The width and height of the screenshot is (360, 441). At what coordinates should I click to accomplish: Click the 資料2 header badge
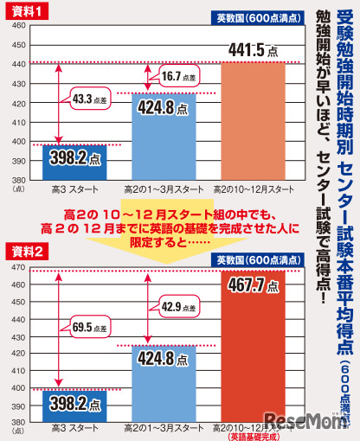coord(26,227)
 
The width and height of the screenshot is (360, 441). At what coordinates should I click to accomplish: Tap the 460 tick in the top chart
coord(15,26)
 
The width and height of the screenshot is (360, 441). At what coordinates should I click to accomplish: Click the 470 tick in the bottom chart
coord(15,246)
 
